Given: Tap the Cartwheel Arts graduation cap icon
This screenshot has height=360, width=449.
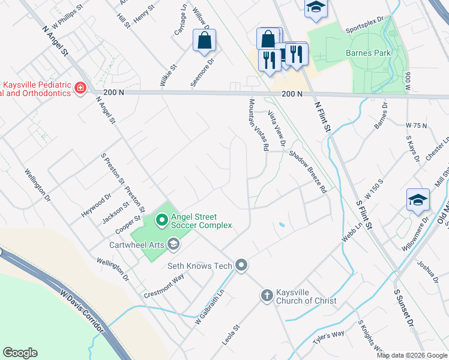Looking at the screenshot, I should (x=173, y=244).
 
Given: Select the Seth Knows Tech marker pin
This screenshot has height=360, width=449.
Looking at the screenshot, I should (x=241, y=265).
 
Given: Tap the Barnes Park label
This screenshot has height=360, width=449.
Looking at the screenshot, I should (x=368, y=53).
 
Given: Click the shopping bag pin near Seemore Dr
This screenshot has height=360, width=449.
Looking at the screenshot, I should (x=204, y=41).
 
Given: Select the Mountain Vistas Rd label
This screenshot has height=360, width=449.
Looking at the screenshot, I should (x=258, y=125).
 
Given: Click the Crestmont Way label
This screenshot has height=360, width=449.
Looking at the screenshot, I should (x=164, y=287).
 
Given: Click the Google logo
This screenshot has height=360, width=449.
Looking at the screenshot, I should (x=20, y=353).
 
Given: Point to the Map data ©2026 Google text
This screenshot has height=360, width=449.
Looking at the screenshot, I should (x=411, y=355).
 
